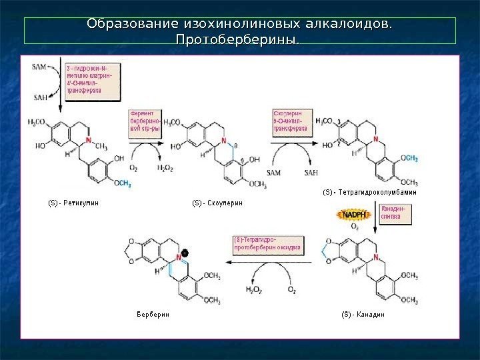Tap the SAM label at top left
tap(40, 67)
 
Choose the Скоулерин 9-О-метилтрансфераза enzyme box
tap(291, 122)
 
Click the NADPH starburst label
tap(353, 215)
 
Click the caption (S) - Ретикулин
tap(73, 201)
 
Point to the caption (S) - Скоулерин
tap(218, 201)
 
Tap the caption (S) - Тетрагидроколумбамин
tap(369, 192)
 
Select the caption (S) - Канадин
tap(364, 313)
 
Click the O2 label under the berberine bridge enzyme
tap(134, 169)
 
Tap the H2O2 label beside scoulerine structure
tap(165, 169)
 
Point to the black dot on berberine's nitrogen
tap(185, 253)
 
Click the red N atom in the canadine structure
tap(377, 257)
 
